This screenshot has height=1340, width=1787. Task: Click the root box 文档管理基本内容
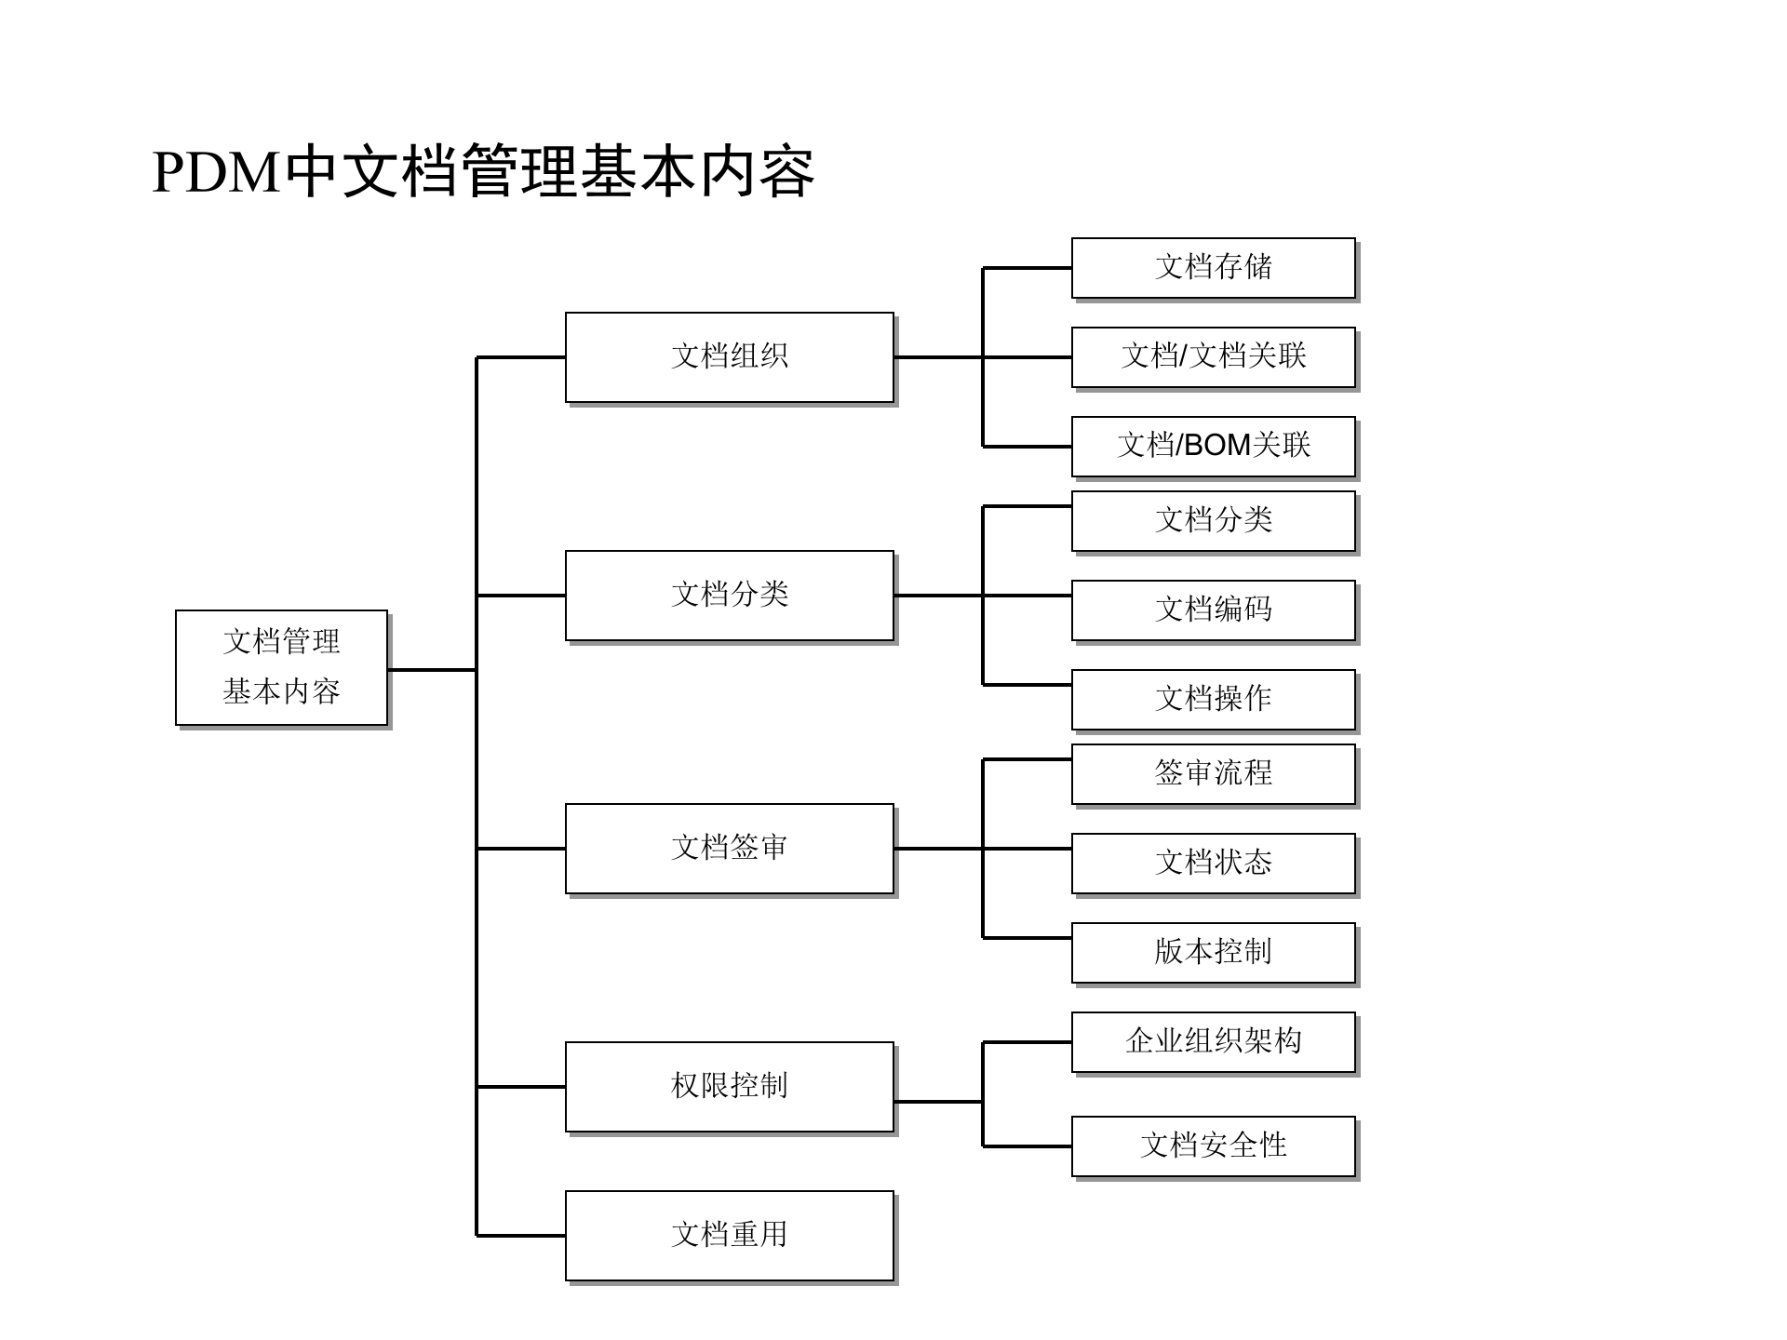(281, 667)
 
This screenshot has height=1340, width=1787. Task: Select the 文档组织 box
(729, 357)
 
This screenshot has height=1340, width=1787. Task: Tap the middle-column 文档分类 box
(729, 596)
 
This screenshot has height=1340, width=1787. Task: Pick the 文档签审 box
(729, 849)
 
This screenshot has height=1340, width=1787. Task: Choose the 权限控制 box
(729, 1087)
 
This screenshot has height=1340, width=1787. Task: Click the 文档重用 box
(729, 1236)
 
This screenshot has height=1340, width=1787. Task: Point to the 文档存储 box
(1213, 268)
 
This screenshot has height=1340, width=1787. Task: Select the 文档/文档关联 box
(1213, 357)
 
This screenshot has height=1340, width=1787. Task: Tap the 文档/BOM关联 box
(1213, 447)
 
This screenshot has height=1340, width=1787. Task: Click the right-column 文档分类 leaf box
(1213, 521)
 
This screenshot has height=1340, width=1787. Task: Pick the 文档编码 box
(1213, 610)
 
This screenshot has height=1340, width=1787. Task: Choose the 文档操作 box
(1213, 700)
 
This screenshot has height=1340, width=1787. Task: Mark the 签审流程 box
(1213, 774)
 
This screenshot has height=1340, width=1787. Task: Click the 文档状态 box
(1213, 864)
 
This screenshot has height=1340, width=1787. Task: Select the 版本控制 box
(1213, 953)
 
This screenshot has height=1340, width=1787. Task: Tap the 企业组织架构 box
(1213, 1042)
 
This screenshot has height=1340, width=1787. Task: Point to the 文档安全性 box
(1213, 1146)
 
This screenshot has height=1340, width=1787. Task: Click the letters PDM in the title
(216, 173)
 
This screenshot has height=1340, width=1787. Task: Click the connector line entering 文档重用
(521, 1236)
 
